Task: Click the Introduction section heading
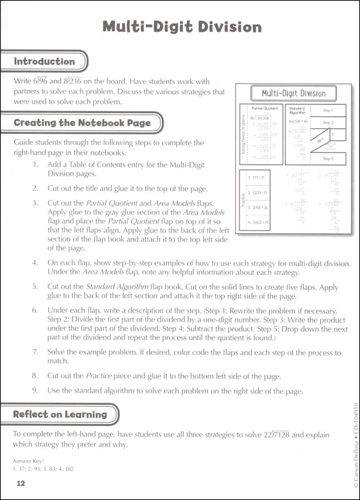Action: click(x=44, y=62)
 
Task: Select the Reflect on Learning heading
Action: click(x=61, y=414)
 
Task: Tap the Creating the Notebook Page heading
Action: click(x=82, y=123)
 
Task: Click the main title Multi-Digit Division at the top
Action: click(x=181, y=27)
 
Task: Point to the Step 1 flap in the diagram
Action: click(x=328, y=110)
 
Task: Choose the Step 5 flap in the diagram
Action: click(x=328, y=159)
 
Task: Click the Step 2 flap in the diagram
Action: click(x=328, y=122)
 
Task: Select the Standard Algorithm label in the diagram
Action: click(x=297, y=111)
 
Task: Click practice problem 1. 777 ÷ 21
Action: click(x=257, y=177)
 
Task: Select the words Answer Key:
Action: click(x=29, y=461)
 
